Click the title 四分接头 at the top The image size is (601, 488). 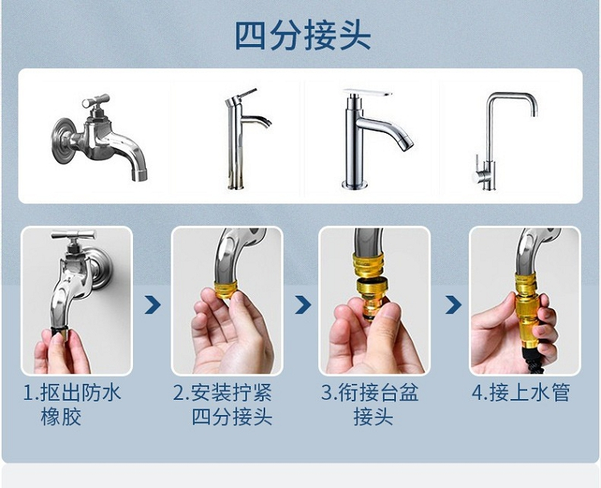302,35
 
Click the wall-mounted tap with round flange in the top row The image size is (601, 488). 99,137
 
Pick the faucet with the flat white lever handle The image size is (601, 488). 374,139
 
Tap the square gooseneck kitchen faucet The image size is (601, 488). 503,141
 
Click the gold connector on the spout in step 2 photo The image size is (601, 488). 226,290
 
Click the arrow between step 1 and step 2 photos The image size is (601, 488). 152,304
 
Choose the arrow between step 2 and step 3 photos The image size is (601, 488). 303,304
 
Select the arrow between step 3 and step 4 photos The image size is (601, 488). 453,304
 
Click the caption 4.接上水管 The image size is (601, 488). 521,392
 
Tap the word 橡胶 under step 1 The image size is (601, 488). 61,417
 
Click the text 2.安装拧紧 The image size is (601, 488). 222,392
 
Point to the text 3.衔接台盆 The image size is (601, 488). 370,392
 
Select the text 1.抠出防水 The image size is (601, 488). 72,392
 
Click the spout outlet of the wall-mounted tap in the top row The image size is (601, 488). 139,175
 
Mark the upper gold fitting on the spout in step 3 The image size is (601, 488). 368,265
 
